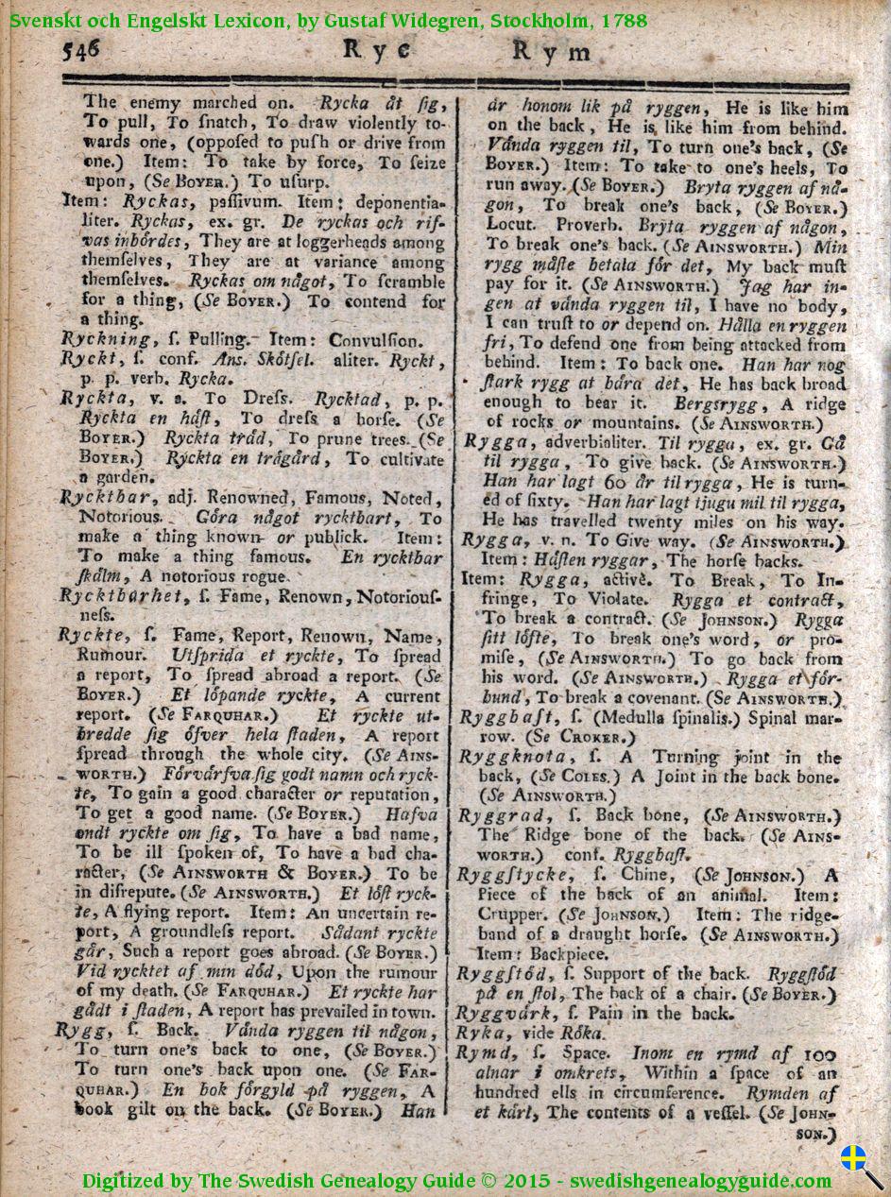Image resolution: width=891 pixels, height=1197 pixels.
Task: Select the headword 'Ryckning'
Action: coord(105,338)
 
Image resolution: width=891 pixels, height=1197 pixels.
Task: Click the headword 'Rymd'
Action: coord(486,1052)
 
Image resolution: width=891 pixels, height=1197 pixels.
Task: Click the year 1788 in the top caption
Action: coord(625,19)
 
